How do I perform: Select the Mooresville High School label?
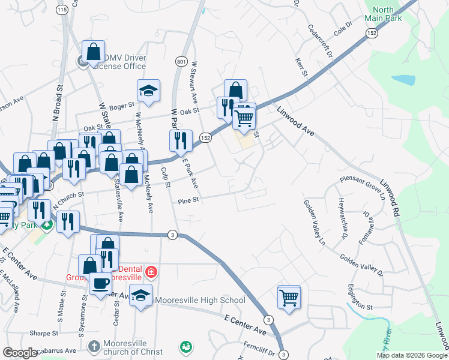click(200, 300)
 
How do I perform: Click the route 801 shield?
click(181, 62)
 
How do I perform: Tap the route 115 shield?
click(62, 10)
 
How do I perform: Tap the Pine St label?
click(187, 202)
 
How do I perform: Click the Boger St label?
click(121, 106)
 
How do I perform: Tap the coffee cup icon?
click(100, 283)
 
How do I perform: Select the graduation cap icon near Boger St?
click(148, 91)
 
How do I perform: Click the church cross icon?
click(93, 346)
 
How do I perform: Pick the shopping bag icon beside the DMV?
click(93, 52)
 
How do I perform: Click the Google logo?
click(20, 353)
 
